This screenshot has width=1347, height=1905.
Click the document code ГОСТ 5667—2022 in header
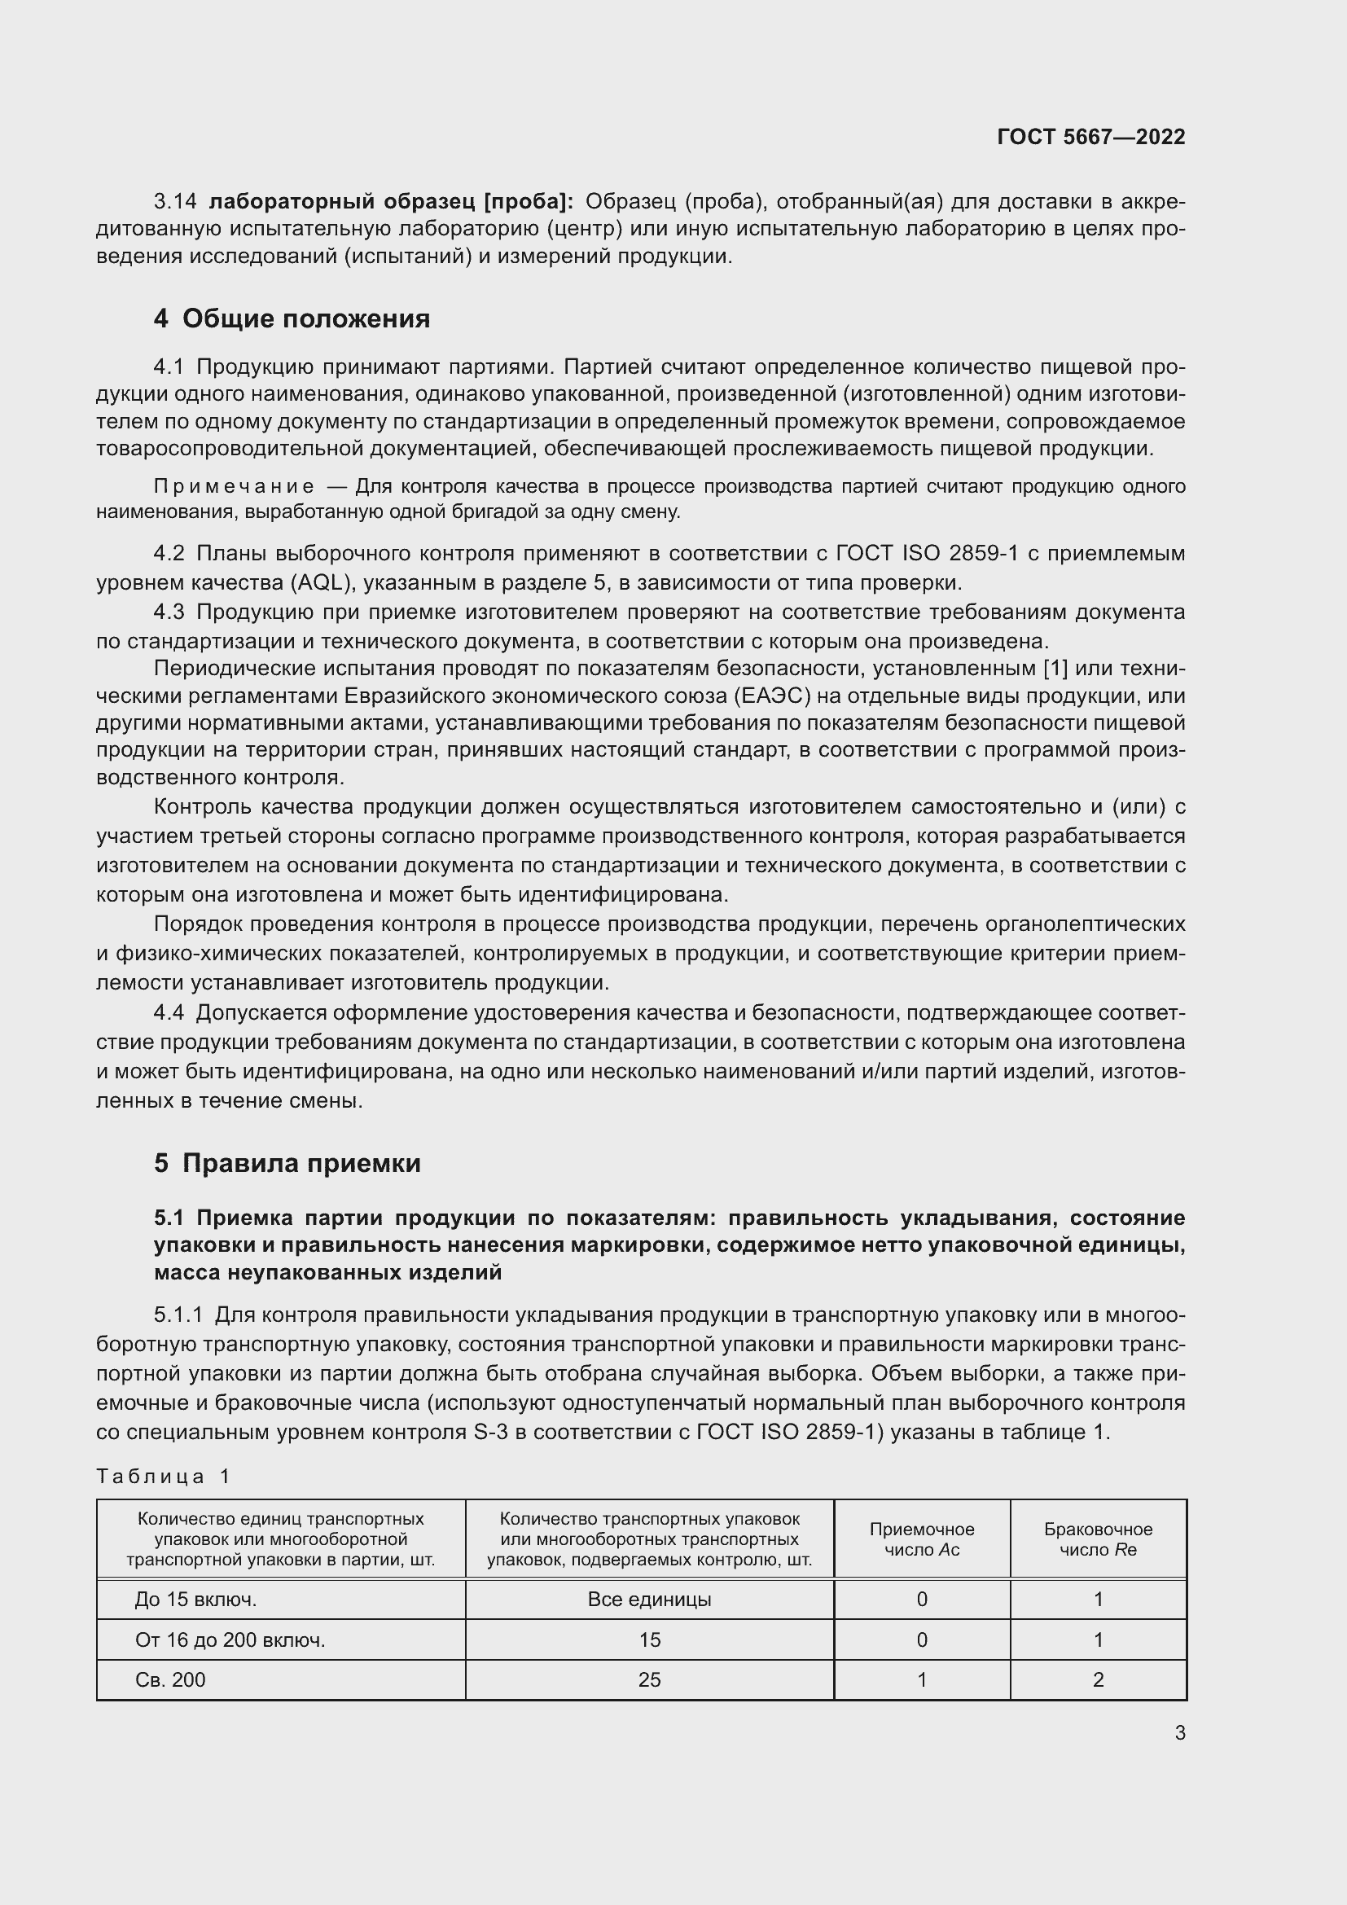(1090, 137)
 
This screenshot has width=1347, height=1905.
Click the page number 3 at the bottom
(1179, 1733)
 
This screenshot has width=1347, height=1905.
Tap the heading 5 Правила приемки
(287, 1163)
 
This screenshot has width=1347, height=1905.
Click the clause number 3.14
(175, 202)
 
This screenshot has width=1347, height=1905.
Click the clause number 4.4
(169, 1013)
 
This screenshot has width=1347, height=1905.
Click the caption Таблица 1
(163, 1476)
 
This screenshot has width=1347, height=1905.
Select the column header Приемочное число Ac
(922, 1539)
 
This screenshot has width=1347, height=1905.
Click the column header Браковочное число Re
(1097, 1539)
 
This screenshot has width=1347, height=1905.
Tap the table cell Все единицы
(648, 1599)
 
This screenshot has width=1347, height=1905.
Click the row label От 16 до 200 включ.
(230, 1639)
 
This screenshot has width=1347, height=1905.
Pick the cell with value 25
(648, 1679)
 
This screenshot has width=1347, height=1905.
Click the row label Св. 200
(170, 1679)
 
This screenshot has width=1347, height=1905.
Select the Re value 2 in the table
(1097, 1679)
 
